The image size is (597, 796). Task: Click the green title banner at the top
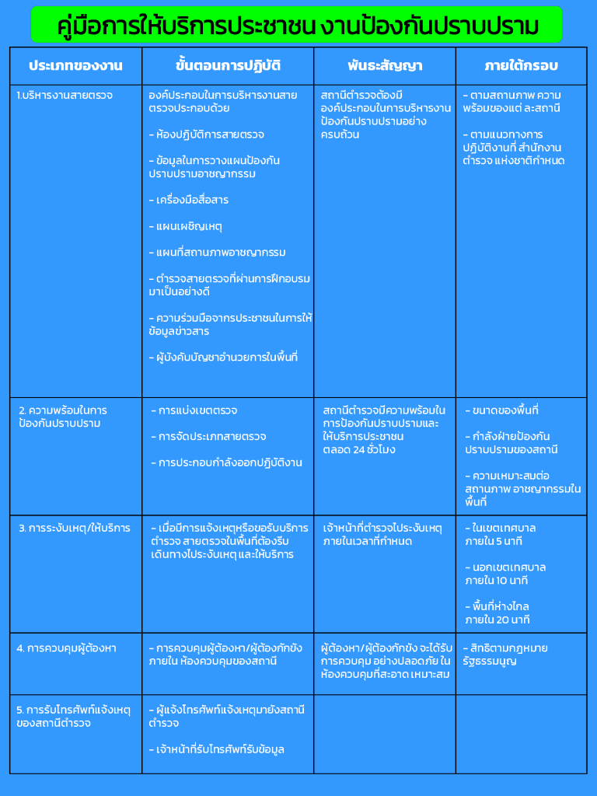298,25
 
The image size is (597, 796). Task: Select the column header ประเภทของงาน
75,65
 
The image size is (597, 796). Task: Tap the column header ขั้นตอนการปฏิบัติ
228,65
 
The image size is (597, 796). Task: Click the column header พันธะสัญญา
384,65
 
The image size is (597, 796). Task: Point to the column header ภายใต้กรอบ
521,65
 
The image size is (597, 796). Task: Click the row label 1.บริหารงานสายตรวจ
65,95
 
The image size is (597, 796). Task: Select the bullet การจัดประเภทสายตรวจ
208,437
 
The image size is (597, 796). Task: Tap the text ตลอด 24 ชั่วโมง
359,450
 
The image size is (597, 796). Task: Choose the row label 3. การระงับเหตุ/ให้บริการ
75,529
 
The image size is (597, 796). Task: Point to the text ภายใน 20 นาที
497,620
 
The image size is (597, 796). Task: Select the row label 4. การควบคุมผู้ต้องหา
67,648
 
